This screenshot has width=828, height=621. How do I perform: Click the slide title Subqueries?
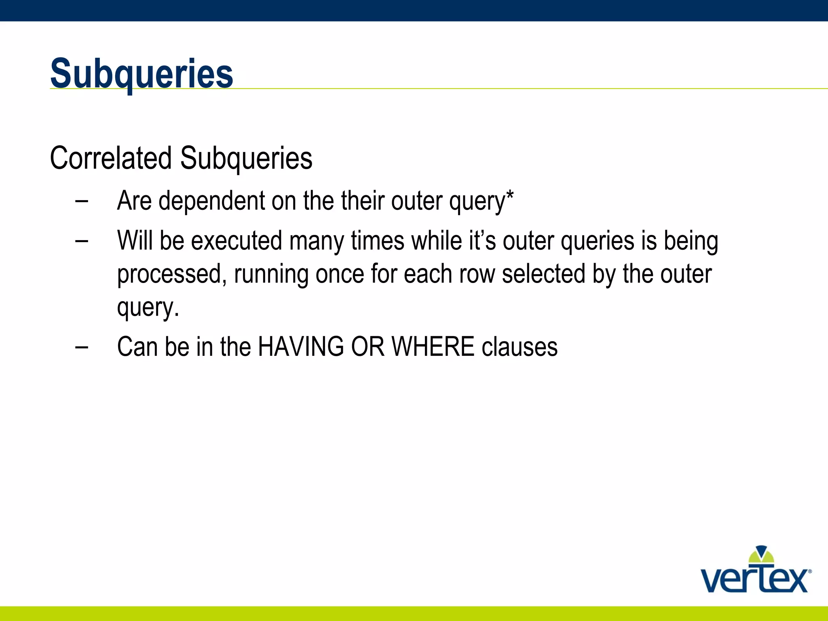[x=142, y=74]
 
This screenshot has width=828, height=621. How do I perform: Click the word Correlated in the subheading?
[x=110, y=158]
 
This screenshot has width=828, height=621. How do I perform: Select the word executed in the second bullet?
[x=237, y=241]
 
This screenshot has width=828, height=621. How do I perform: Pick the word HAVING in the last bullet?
[x=301, y=347]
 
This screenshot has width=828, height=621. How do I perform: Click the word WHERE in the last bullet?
[x=433, y=347]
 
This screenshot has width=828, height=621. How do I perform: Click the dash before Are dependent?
[x=82, y=201]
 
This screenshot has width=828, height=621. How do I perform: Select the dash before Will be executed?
[x=82, y=241]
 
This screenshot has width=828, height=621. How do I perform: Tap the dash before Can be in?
[x=82, y=347]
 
